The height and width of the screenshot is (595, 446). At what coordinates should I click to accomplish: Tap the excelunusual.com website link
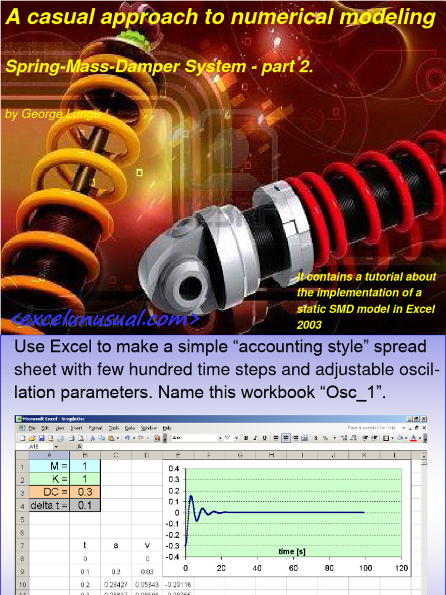tap(105, 319)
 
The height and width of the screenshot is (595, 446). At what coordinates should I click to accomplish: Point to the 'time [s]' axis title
tap(292, 551)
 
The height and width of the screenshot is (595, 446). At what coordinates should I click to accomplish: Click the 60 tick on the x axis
tap(293, 568)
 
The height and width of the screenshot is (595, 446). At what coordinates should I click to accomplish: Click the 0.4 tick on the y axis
tap(174, 469)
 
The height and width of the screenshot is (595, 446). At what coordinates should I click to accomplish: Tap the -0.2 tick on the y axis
tap(172, 535)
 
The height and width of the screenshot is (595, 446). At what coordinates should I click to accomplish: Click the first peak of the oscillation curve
tap(191, 496)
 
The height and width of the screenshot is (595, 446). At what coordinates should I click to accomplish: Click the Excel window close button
tap(424, 418)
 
